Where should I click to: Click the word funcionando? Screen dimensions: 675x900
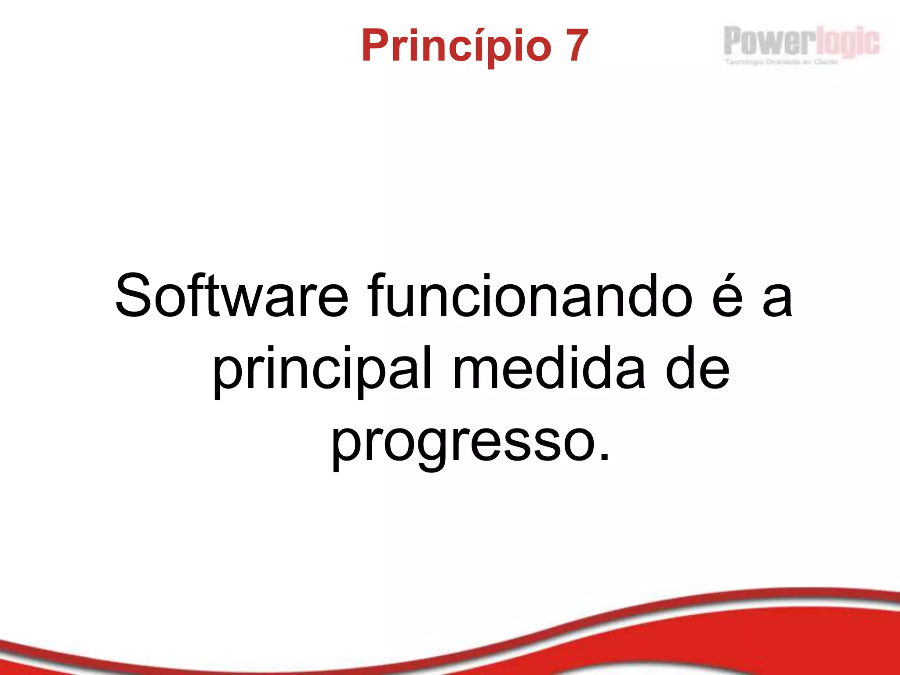click(530, 295)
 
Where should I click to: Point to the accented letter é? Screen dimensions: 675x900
click(727, 295)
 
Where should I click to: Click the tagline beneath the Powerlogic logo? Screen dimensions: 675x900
click(781, 62)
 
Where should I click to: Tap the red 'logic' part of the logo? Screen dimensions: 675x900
click(848, 43)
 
